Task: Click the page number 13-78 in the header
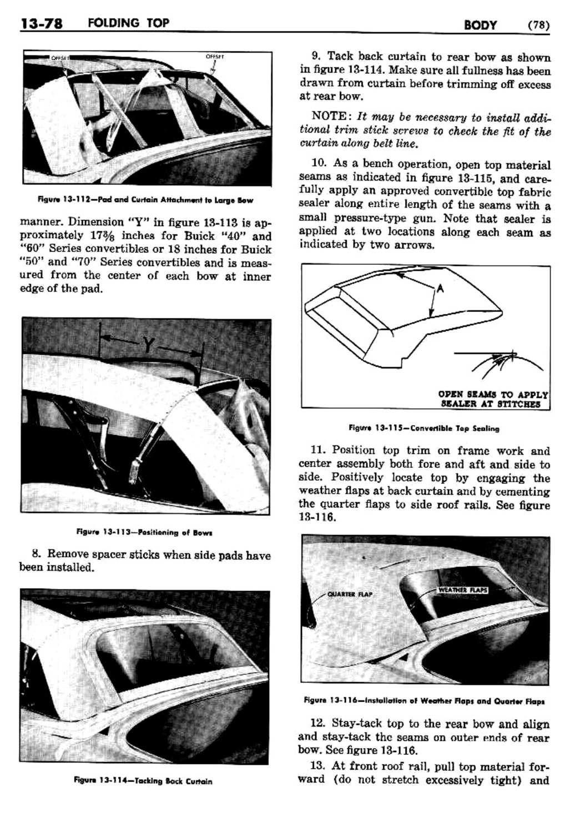tap(41, 24)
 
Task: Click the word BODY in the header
tap(480, 25)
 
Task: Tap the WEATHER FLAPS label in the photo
tap(463, 589)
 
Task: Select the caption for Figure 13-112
tap(145, 200)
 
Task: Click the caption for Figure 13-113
tap(144, 532)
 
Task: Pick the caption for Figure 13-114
tap(143, 781)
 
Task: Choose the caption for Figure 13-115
tap(424, 428)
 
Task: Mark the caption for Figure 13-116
tap(425, 700)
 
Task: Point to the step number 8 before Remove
tap(36, 554)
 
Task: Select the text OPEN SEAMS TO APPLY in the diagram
tap(493, 395)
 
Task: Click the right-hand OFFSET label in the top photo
tap(214, 56)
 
